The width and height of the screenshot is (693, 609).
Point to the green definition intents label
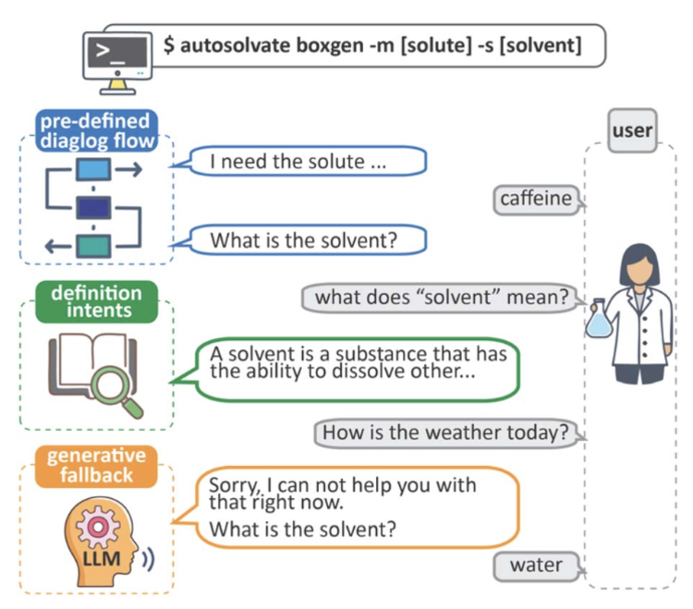pyautogui.click(x=96, y=301)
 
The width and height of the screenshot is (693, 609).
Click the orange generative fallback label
pyautogui.click(x=96, y=466)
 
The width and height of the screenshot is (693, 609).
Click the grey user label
pyautogui.click(x=632, y=130)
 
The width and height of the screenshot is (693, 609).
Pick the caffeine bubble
pyautogui.click(x=536, y=199)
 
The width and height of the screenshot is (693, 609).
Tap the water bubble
pyautogui.click(x=535, y=564)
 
